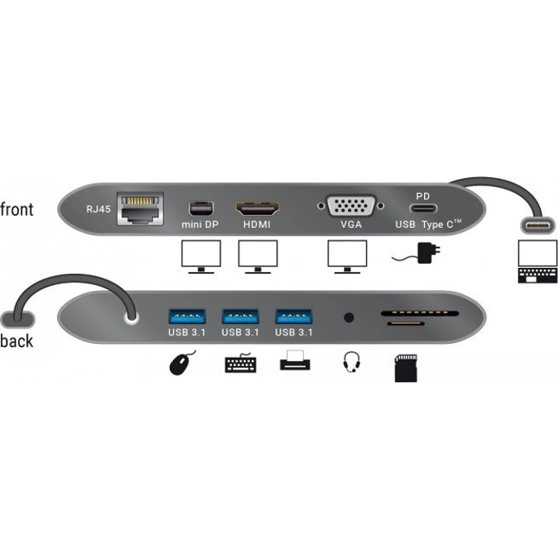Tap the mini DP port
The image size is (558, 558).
coord(199,208)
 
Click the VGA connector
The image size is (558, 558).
coord(351,206)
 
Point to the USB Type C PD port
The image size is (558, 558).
coord(423,208)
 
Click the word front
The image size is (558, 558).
coord(17,210)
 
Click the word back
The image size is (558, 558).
coord(17,341)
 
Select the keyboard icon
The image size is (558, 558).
coord(240,363)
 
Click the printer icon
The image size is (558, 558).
coord(295,361)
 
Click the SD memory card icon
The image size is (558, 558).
coord(406,372)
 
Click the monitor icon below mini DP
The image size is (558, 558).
coord(199,257)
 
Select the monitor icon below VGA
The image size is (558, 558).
coord(347,257)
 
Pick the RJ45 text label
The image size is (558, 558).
coord(98,208)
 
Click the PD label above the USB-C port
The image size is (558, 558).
coord(423,196)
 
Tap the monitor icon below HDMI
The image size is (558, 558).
coord(257,257)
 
